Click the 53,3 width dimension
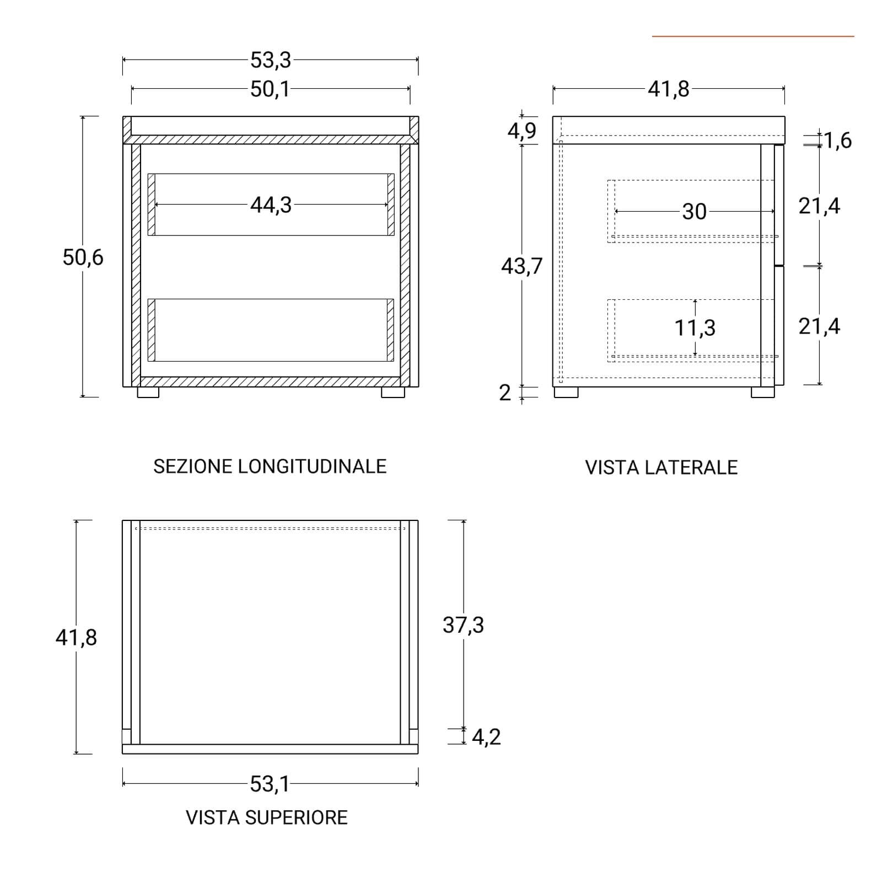click(x=270, y=60)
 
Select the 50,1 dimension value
click(x=270, y=89)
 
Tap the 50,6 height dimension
click(x=83, y=257)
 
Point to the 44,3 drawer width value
click(x=271, y=205)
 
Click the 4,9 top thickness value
click(x=521, y=131)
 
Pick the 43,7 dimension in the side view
click(x=521, y=266)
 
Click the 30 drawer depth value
click(x=694, y=211)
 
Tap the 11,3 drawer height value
click(x=695, y=327)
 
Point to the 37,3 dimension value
click(x=463, y=625)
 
